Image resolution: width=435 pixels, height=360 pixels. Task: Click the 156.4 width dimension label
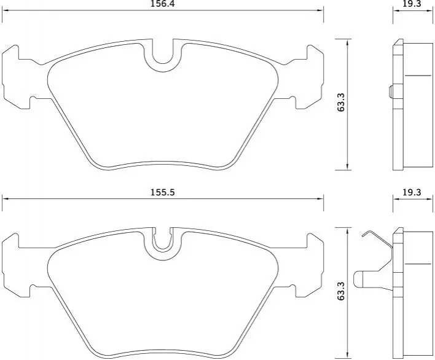coord(163,4)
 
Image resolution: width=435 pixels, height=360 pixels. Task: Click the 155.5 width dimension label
coord(163,192)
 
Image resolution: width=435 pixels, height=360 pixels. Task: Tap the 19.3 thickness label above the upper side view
coord(412,4)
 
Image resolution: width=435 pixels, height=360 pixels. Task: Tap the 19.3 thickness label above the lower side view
coord(412,192)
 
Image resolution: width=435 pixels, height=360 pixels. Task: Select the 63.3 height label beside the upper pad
coord(340,103)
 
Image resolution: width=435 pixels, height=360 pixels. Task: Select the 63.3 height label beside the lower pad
coord(340,291)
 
